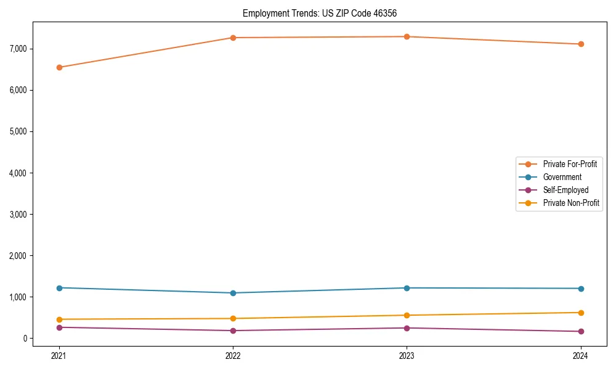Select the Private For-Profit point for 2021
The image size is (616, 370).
coord(59,67)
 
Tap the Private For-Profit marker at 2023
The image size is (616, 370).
coord(407,37)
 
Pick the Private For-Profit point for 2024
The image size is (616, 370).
coord(580,44)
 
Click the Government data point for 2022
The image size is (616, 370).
coord(233,293)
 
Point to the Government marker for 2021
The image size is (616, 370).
coord(59,288)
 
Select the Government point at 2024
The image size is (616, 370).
coord(580,289)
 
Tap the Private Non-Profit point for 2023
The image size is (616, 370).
coord(407,315)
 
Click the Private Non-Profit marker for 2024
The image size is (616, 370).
coord(580,313)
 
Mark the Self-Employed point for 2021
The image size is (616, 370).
coord(59,327)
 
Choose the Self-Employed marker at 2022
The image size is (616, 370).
coord(233,331)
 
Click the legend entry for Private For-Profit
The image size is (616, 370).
coord(569,164)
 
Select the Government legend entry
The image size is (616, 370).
coord(562,177)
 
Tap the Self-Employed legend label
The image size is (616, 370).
coord(565,190)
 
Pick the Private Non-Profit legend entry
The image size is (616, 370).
coord(571,203)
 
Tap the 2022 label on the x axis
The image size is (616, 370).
coord(233,355)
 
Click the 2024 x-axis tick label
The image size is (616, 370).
coord(580,355)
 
